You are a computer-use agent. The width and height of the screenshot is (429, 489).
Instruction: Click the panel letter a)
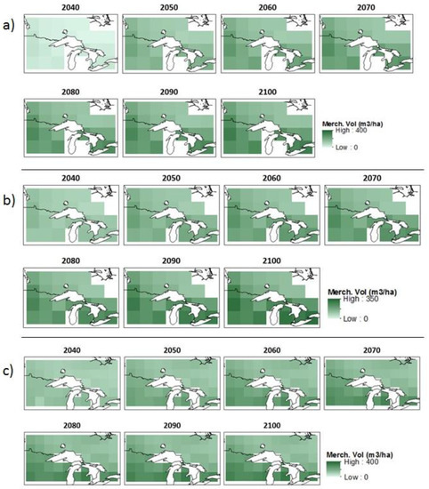[x=8, y=26]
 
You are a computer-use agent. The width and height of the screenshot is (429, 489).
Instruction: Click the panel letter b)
[x=9, y=200]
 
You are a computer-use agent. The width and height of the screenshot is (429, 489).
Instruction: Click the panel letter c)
[x=8, y=371]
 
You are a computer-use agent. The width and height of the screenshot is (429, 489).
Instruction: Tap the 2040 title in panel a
[x=70, y=7]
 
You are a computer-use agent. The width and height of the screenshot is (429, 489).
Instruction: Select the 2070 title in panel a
[x=366, y=7]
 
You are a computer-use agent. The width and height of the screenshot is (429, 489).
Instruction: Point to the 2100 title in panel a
[x=268, y=92]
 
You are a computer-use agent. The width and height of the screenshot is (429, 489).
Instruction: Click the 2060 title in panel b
[x=271, y=178]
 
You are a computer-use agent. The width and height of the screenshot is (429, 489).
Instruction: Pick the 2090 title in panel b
[x=171, y=261]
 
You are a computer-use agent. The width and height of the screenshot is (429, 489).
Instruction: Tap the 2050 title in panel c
[x=172, y=350]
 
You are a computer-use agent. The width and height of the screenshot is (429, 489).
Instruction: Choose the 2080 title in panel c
[x=72, y=425]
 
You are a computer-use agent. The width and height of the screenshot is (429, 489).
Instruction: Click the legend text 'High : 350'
[x=360, y=299]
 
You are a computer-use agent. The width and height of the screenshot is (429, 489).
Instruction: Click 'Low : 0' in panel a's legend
[x=346, y=148]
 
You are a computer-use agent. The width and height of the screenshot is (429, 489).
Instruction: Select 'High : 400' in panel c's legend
[x=361, y=461]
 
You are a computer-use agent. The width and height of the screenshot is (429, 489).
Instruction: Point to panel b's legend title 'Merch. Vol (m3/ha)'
[x=362, y=292]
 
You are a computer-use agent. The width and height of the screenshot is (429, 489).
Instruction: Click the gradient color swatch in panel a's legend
[x=328, y=139]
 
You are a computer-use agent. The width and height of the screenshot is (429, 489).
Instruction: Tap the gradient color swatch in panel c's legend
[x=333, y=470]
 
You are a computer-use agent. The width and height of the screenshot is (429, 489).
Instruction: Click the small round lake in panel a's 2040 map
[x=65, y=31]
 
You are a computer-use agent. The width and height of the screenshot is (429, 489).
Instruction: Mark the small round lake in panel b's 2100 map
[x=267, y=286]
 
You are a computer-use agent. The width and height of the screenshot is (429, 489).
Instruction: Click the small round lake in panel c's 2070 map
[x=362, y=371]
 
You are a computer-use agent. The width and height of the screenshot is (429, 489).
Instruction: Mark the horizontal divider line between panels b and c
[x=223, y=337]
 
